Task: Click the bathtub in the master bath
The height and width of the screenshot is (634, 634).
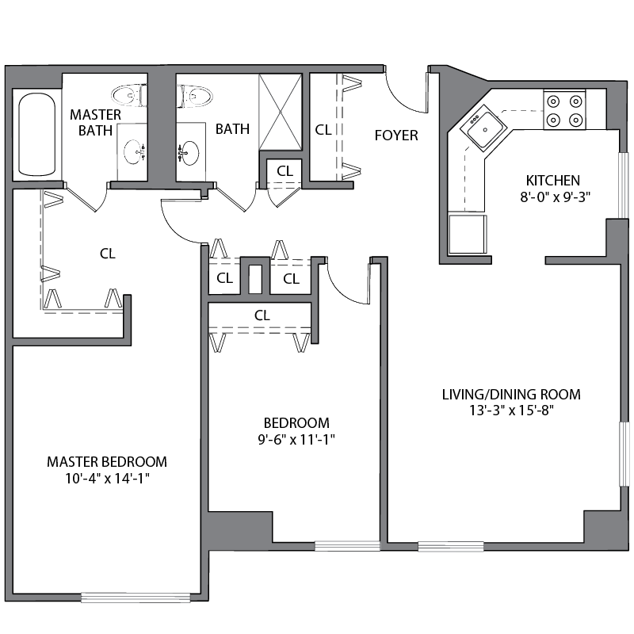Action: [36, 135]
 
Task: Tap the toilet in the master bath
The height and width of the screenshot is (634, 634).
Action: [129, 96]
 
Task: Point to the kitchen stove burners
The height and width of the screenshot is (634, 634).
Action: [564, 110]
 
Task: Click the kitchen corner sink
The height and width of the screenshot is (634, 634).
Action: [480, 129]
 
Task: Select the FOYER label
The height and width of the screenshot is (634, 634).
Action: [396, 136]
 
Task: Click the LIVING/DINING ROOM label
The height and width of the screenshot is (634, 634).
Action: [512, 394]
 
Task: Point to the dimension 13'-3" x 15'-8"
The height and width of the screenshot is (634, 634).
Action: [512, 411]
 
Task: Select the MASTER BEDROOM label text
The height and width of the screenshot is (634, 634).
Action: [107, 461]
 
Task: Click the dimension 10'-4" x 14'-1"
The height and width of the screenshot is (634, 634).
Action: [107, 478]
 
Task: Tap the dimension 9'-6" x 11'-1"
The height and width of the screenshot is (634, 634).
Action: [296, 439]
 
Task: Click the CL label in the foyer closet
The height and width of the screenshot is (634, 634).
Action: [323, 129]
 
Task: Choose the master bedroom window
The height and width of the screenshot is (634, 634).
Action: [136, 597]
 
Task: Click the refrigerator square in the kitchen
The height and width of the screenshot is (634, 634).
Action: [468, 234]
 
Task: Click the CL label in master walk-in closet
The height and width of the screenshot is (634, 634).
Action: [108, 254]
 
